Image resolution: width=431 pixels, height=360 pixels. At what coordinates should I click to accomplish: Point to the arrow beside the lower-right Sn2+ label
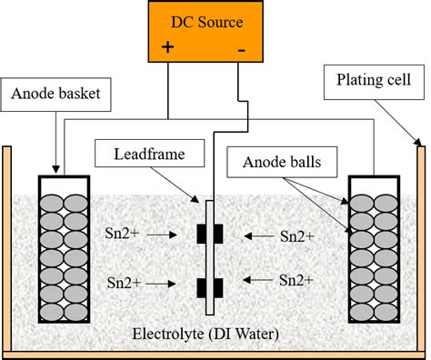(257, 281)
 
